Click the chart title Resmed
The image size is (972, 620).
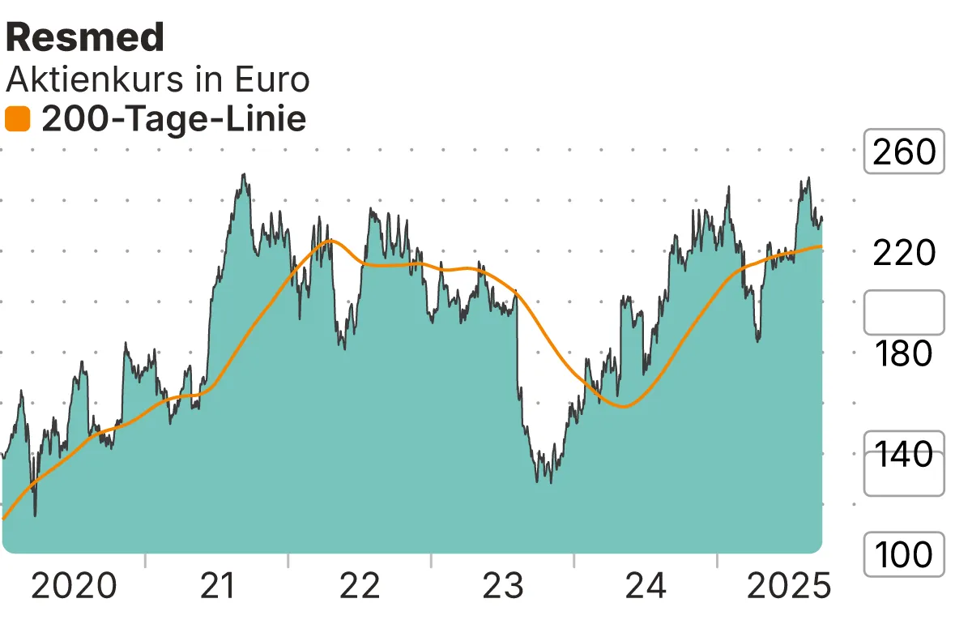click(x=85, y=37)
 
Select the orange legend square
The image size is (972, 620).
click(x=17, y=120)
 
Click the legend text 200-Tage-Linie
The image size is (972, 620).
click(x=173, y=120)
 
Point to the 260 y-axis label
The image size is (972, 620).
click(x=904, y=152)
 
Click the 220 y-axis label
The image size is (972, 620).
click(x=904, y=253)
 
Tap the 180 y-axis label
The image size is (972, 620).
click(x=904, y=354)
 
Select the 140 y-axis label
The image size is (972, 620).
click(x=904, y=455)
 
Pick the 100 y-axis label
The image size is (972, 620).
click(x=904, y=555)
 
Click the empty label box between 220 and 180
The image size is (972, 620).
click(x=904, y=312)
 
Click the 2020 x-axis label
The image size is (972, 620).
click(x=74, y=586)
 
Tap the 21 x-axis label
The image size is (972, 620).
click(x=218, y=586)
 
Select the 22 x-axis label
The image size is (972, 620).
click(x=360, y=586)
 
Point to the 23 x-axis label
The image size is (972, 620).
click(x=503, y=586)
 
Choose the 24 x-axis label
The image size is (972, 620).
click(x=646, y=586)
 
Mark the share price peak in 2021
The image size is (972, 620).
click(x=243, y=175)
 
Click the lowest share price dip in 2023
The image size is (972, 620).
click(x=550, y=482)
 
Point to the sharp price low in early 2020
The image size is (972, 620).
click(x=35, y=515)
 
